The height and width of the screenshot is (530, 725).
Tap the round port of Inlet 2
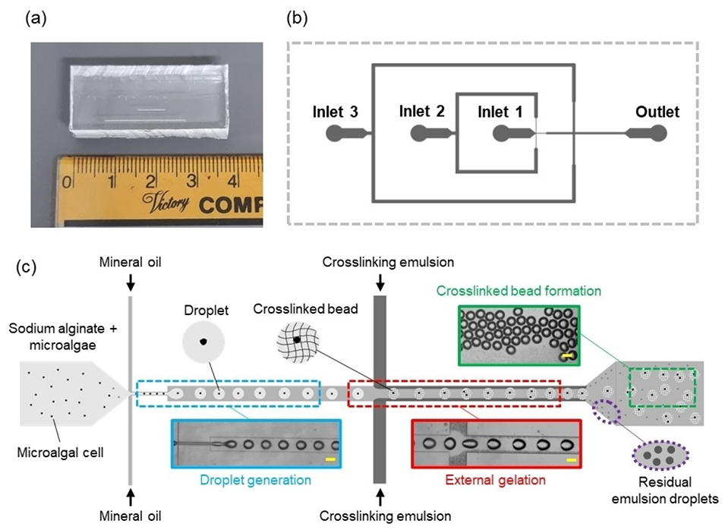420,134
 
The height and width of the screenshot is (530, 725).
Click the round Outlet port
657,134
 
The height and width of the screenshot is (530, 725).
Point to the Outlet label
657,112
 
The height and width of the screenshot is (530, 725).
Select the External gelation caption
496,479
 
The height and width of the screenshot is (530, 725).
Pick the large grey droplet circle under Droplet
203,342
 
